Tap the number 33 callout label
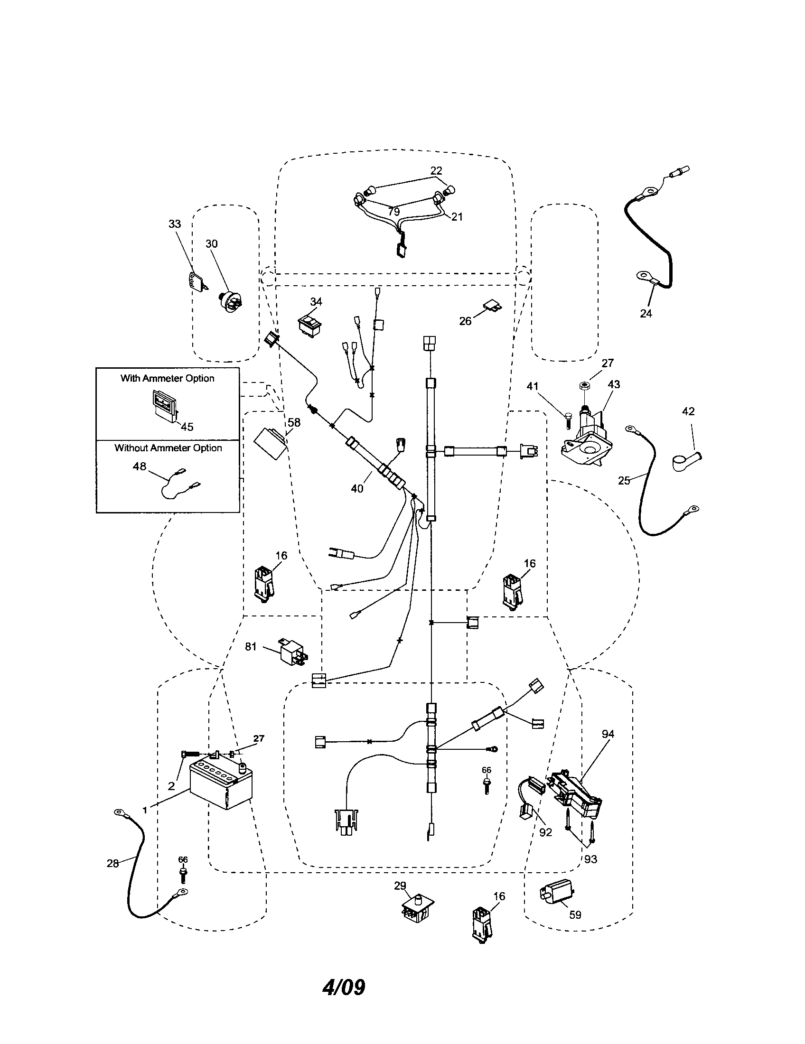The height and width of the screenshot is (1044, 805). point(175,224)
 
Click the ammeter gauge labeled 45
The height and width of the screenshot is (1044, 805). point(164,406)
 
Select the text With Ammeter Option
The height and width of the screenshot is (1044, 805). point(167,378)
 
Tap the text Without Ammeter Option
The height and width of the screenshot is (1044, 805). point(168,448)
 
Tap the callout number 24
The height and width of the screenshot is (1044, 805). point(646,314)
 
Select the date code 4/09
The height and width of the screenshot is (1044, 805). point(344,988)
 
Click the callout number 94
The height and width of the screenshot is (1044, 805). point(608,734)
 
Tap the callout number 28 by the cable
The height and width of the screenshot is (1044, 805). point(112,863)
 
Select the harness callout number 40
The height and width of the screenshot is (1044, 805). point(357,488)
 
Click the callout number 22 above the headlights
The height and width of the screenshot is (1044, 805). point(436,171)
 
